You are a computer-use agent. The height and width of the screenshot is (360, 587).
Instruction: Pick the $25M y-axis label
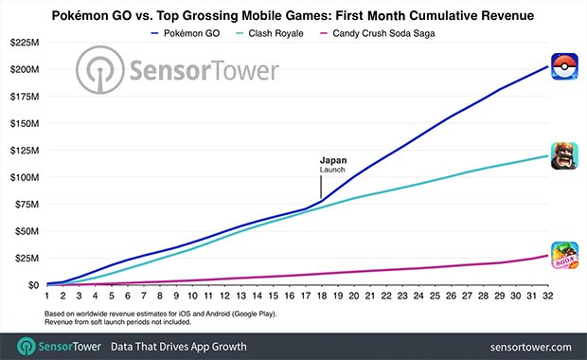[x=27, y=258]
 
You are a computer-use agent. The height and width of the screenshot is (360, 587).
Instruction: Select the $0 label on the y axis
[x=34, y=284]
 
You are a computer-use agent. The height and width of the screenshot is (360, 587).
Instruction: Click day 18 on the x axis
[x=322, y=297]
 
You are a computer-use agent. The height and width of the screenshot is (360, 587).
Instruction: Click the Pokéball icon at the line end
[x=565, y=64]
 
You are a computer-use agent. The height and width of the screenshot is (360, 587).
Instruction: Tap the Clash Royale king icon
[x=565, y=155]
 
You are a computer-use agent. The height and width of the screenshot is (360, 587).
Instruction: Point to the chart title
[x=293, y=13]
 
